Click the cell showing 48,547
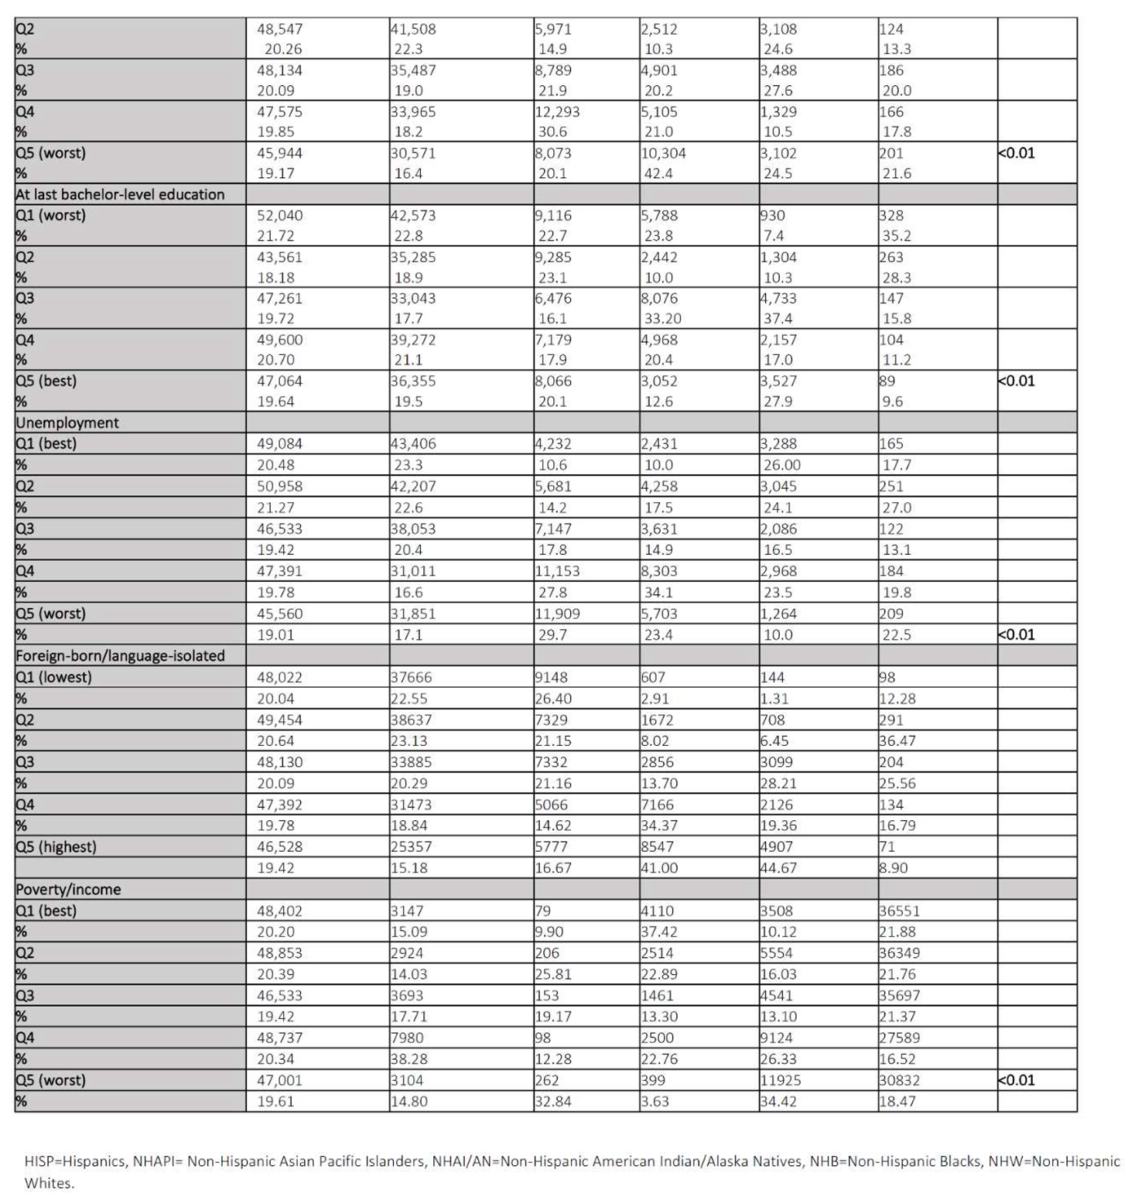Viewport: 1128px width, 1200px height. click(280, 29)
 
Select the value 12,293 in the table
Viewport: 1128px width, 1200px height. click(557, 111)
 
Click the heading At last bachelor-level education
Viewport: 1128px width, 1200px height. click(120, 194)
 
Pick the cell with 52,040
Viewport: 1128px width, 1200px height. click(280, 215)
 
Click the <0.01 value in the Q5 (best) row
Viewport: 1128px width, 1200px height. click(1017, 381)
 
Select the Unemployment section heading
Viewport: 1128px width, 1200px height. click(67, 422)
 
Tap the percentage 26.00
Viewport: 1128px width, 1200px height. click(784, 465)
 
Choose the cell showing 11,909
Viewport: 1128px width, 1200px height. click(557, 614)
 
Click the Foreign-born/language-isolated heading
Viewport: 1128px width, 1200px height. click(120, 655)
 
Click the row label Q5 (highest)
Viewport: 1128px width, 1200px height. click(56, 846)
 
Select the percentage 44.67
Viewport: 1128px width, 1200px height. click(778, 867)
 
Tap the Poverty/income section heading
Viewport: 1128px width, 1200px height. click(68, 889)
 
